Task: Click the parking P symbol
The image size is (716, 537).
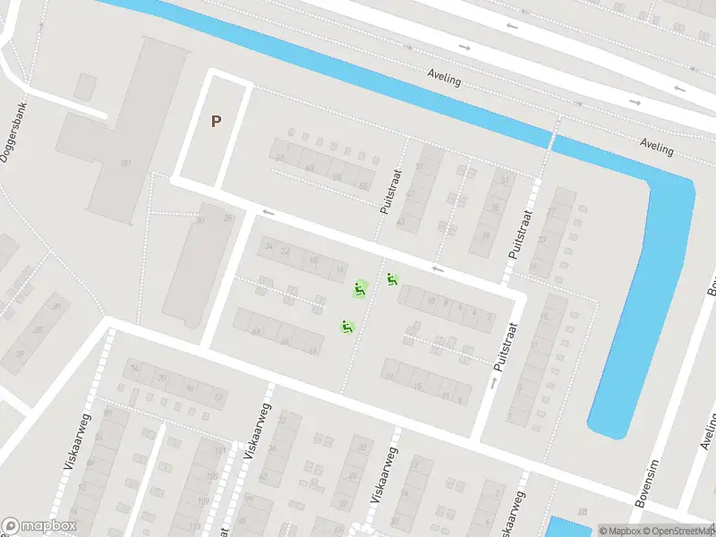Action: [216, 121]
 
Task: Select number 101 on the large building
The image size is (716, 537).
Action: [125, 163]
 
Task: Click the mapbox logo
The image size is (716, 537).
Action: [39, 526]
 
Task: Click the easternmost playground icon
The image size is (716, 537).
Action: [392, 280]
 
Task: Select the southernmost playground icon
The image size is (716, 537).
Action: [345, 327]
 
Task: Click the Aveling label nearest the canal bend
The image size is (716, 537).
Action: [656, 147]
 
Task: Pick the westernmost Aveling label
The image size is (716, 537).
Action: [445, 79]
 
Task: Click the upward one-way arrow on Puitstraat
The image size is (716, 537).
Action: [493, 382]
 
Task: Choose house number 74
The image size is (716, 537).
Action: [135, 368]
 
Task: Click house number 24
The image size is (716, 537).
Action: [286, 251]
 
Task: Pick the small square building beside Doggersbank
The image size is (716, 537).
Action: [86, 87]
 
